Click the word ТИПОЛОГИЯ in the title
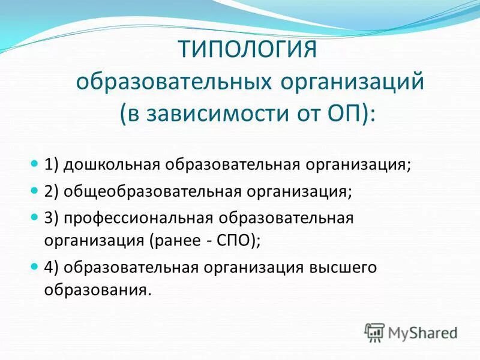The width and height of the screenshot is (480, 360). point(247,49)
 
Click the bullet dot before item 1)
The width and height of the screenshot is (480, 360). point(34,164)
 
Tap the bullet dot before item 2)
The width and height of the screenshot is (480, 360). point(34,191)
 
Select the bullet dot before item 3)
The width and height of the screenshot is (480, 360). point(34,218)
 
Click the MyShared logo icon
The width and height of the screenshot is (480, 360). point(375,332)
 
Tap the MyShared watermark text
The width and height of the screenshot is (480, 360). point(423,332)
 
